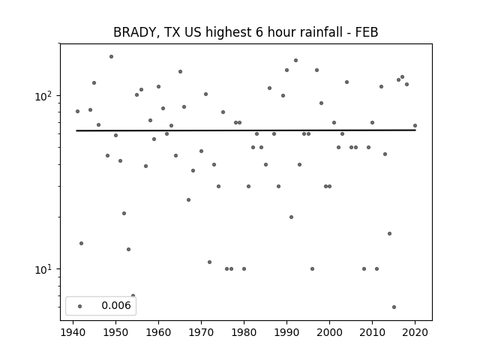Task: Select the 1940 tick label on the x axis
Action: (73, 333)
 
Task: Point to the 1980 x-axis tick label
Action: (244, 333)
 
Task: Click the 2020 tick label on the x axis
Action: (415, 333)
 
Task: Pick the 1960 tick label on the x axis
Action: (158, 333)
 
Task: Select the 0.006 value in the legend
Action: (116, 305)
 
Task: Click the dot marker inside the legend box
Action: (80, 306)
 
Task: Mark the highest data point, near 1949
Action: (112, 57)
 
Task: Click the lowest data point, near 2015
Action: (394, 307)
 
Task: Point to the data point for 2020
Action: (415, 125)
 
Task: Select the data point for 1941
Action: (77, 112)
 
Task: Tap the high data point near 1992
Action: (295, 60)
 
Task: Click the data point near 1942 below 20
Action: (82, 243)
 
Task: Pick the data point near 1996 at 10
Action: (312, 268)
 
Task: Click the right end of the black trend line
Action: (415, 130)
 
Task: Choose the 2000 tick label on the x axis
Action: (329, 333)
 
